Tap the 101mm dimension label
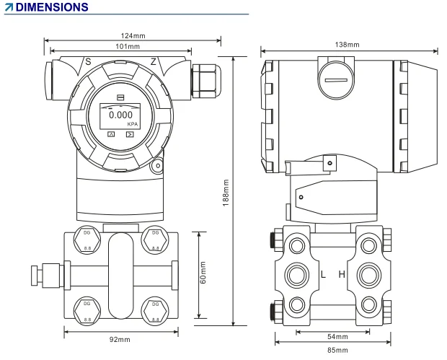(120, 46)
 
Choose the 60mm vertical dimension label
(203, 272)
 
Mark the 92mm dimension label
(120, 339)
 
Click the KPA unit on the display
(132, 124)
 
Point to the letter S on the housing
(88, 62)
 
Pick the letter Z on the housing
(152, 62)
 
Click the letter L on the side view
(323, 275)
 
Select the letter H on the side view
(342, 275)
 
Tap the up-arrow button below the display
(110, 134)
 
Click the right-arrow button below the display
(130, 134)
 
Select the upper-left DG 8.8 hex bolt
(86, 239)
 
